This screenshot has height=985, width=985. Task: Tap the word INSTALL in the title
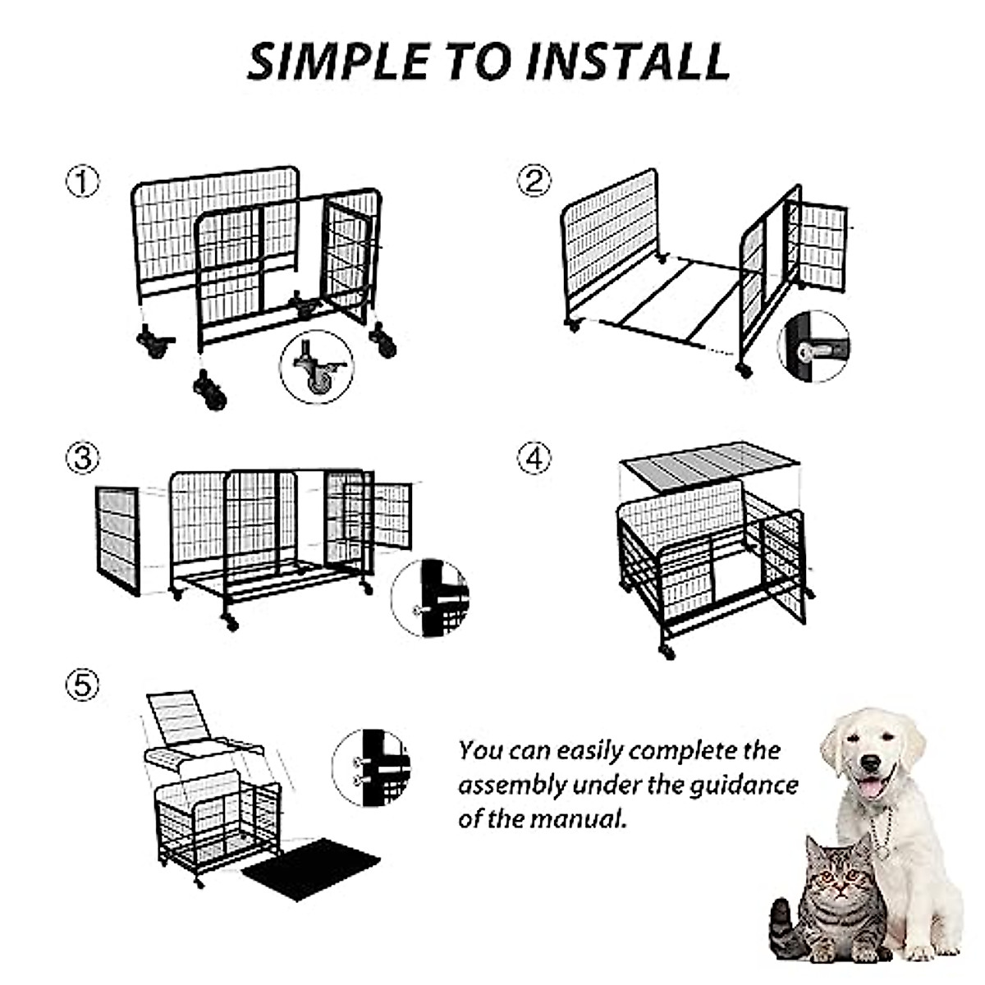(x=628, y=62)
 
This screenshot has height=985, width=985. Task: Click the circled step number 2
(x=534, y=181)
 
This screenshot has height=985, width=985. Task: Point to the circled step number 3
(x=83, y=459)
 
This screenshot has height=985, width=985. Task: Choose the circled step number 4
(x=534, y=459)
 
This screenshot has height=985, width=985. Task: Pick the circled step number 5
(x=83, y=685)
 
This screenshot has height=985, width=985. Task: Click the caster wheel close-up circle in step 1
(x=317, y=367)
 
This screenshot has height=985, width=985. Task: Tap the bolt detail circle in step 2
(x=813, y=346)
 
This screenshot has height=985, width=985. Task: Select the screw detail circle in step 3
(x=429, y=598)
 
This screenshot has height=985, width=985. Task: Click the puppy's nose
(x=870, y=763)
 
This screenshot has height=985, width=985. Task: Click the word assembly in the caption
(x=511, y=786)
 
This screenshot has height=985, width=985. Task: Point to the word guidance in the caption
(x=744, y=786)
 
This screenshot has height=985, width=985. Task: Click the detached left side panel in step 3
(x=117, y=541)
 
